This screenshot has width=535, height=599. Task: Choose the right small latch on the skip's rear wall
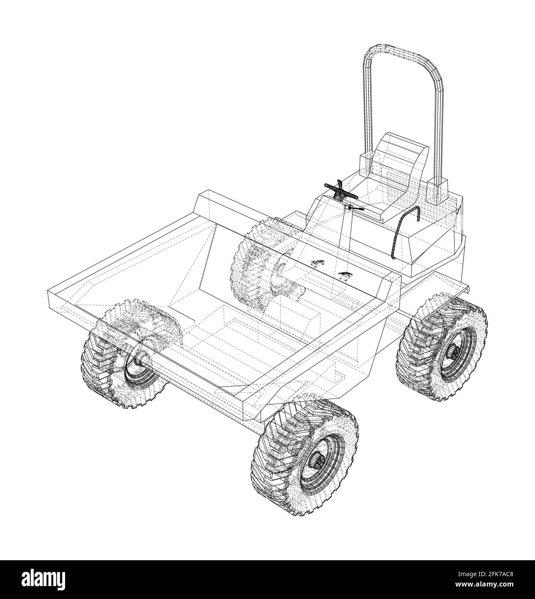(x=345, y=274)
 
